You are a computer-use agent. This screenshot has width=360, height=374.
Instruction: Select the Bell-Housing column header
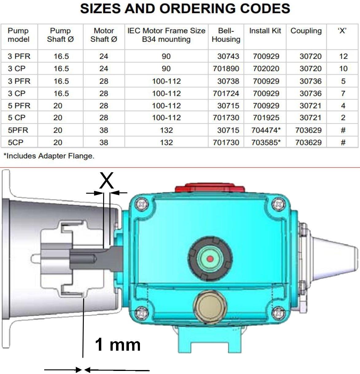[226, 35]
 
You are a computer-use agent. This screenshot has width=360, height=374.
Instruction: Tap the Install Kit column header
[265, 31]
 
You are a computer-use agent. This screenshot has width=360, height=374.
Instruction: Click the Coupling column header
[306, 31]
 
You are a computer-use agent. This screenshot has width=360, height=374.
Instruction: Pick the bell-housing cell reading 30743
[228, 56]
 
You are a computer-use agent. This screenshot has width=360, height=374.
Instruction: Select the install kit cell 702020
[266, 68]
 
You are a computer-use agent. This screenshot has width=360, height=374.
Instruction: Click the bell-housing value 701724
[226, 93]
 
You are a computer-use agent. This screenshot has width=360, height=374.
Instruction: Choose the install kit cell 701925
[266, 118]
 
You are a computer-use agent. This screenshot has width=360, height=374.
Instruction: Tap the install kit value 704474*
[266, 130]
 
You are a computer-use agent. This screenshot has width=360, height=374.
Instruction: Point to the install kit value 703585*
[266, 142]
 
